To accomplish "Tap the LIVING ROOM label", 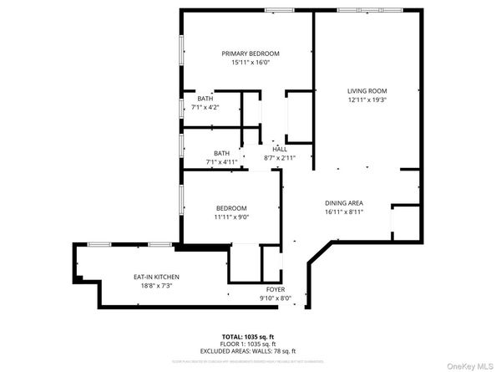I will click(367, 90).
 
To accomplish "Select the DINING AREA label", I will click(344, 203).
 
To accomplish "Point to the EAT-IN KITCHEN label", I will click(156, 277).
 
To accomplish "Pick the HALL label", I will click(279, 149).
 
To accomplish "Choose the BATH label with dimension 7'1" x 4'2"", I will click(205, 99).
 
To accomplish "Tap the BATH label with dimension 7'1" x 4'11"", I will click(221, 153).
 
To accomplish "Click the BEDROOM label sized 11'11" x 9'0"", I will click(232, 208).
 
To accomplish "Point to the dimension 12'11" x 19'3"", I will click(367, 99).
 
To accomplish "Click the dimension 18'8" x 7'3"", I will click(156, 286).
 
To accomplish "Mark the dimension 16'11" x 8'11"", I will click(344, 212).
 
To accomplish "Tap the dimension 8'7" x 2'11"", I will click(279, 157).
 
